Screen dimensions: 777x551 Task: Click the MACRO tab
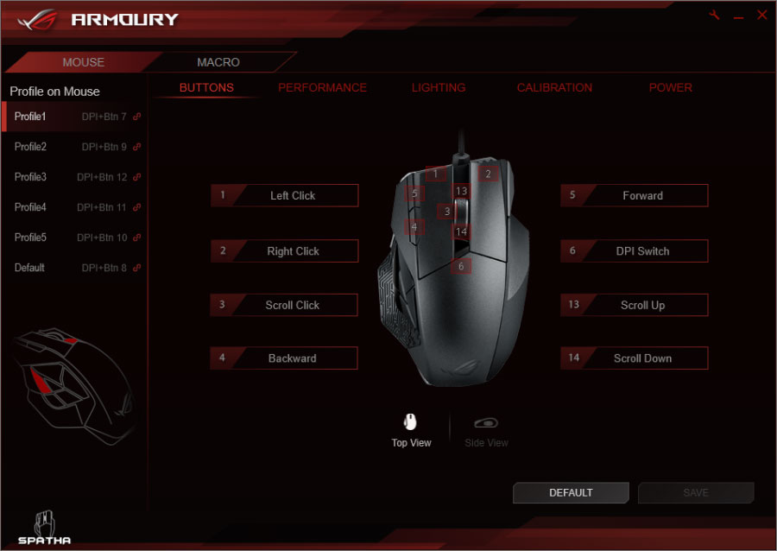pos(218,62)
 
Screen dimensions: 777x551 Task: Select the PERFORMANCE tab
pos(322,88)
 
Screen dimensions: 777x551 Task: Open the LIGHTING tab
pos(439,88)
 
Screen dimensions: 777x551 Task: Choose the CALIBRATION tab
pos(554,88)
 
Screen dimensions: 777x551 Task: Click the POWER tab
pos(671,88)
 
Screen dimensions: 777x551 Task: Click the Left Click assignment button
pos(284,195)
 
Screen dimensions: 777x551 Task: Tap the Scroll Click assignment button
pos(284,305)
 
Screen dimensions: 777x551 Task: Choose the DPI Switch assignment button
pos(635,250)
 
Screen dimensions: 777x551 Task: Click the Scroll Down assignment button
pos(635,358)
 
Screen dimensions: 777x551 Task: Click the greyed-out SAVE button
pos(696,492)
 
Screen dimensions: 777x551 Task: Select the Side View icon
pos(486,422)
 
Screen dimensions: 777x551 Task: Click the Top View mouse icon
pos(410,422)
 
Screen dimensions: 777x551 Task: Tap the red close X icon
pos(762,15)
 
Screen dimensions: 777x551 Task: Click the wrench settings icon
pos(714,15)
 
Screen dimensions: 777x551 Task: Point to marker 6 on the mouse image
pos(461,267)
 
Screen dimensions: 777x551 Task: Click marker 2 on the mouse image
pos(488,174)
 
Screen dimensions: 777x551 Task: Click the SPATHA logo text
pos(45,541)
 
